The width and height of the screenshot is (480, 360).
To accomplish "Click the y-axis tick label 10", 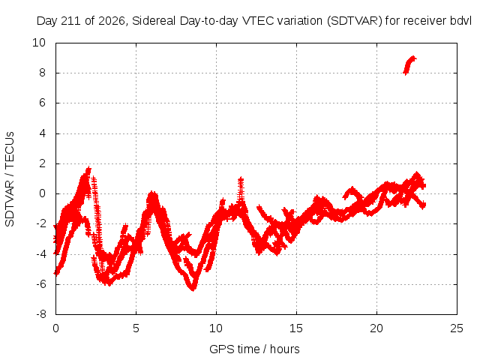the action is click(39, 43).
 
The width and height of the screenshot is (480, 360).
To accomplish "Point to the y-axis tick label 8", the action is click(42, 73).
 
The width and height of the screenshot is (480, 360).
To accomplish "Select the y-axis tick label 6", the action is click(42, 103).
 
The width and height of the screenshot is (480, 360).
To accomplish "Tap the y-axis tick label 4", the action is click(42, 133).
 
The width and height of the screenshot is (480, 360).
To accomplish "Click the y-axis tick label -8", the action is click(40, 314).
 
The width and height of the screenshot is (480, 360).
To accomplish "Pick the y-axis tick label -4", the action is click(40, 253).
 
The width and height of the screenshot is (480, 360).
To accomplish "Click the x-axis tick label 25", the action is click(457, 328).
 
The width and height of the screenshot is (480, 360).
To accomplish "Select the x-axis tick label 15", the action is click(296, 328).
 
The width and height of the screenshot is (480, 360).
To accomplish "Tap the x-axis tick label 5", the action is click(136, 328).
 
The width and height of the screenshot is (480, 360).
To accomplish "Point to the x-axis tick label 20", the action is click(376, 328).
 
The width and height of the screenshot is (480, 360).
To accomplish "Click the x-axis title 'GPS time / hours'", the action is click(254, 349).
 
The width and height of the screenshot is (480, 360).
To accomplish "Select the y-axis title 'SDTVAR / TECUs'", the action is click(10, 179).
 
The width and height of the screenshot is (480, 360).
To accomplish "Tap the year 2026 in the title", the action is click(112, 21).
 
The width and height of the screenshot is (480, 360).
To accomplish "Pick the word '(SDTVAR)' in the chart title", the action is click(355, 21).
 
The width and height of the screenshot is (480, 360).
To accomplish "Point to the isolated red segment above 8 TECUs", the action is click(409, 65).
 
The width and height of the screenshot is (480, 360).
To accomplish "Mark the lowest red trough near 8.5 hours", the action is click(193, 288).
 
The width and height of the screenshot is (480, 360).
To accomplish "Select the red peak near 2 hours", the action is click(88, 169).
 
